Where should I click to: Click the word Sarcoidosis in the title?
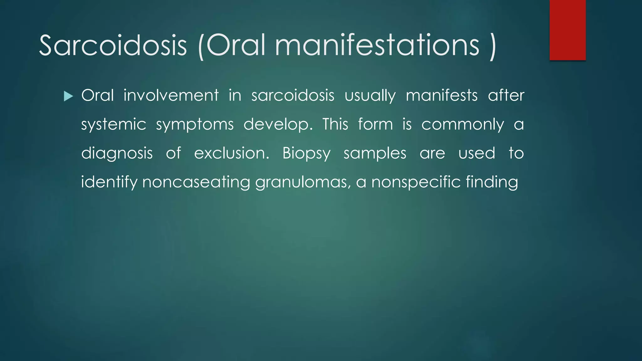point(113,45)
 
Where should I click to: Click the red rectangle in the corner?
point(567,30)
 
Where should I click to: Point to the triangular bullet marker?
point(68,96)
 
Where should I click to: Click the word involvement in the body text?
point(171,95)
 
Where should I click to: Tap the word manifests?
point(441,95)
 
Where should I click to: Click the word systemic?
point(113,125)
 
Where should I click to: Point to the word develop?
point(278,125)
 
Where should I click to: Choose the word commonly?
point(462,125)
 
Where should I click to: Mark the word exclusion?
point(231,154)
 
